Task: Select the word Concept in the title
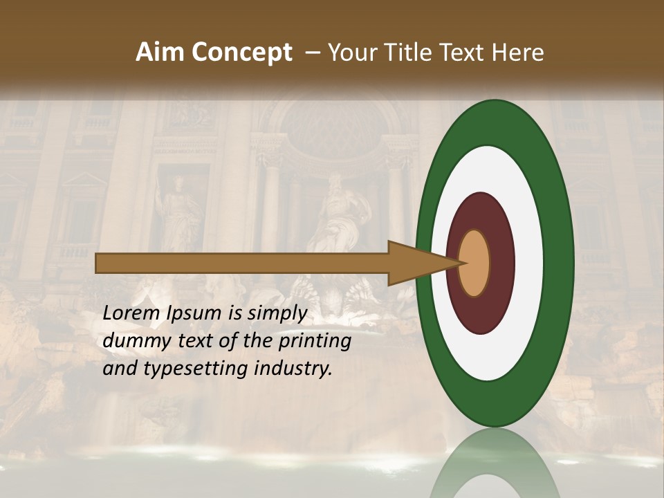(241, 53)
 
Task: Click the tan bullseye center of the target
(474, 263)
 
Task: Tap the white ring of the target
(527, 263)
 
